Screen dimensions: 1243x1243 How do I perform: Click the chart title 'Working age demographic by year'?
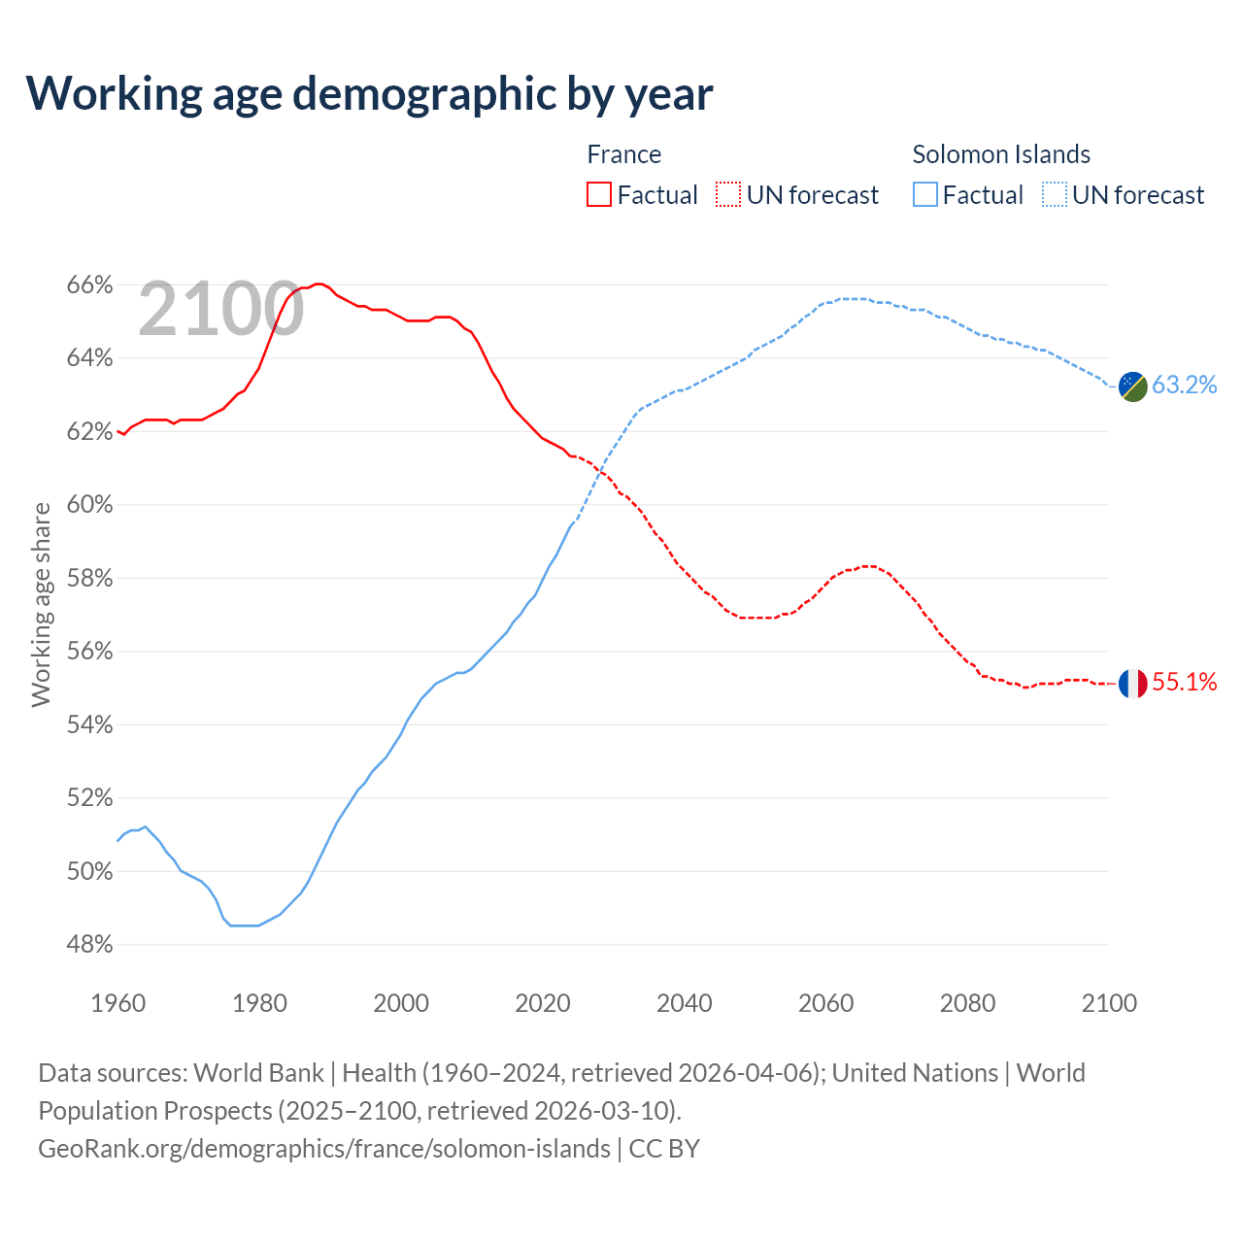pos(369,93)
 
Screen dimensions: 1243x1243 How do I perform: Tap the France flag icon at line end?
pos(1132,684)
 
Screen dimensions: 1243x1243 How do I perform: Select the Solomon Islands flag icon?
pos(1132,386)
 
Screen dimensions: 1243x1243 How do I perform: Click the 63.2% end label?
pos(1184,386)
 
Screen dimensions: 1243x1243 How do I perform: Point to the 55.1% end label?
pos(1184,683)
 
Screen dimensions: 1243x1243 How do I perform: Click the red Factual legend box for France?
pos(599,195)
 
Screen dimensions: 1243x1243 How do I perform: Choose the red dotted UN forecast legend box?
pos(728,195)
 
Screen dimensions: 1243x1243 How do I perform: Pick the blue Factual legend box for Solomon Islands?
pos(925,195)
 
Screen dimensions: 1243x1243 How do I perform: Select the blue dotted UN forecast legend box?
pos(1055,195)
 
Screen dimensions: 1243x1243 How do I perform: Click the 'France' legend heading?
pos(623,154)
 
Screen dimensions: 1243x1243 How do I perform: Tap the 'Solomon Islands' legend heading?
pos(1000,154)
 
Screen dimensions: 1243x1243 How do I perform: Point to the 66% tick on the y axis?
pos(89,286)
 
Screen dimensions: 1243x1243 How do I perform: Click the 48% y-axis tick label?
pos(89,945)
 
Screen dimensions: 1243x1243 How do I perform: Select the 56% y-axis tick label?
pos(89,652)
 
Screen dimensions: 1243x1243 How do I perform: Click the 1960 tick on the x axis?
pos(118,1003)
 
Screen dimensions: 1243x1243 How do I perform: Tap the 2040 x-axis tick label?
pos(684,1003)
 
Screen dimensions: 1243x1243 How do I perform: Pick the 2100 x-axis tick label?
pos(1108,1003)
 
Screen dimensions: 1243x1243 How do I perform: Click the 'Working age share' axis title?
pos(41,604)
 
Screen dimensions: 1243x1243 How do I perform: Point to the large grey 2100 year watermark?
pos(221,310)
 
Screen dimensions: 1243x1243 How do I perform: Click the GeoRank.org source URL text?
pos(324,1149)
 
